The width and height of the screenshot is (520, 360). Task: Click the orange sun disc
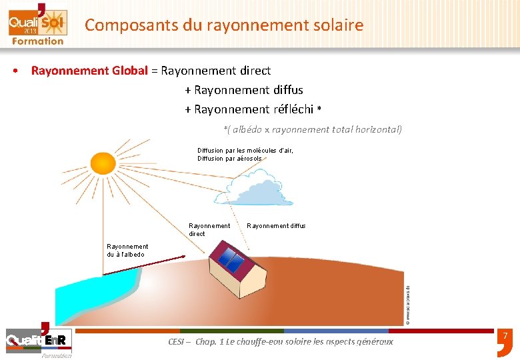click(103, 163)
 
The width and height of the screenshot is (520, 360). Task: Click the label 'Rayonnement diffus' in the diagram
click(276, 226)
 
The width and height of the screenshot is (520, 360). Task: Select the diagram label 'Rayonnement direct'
click(209, 229)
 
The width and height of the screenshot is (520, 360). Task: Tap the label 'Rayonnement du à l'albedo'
click(127, 250)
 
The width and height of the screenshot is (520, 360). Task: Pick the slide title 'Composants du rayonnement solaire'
click(224, 25)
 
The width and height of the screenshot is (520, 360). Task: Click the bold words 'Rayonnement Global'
click(89, 70)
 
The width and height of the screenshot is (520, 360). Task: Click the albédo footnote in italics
click(313, 129)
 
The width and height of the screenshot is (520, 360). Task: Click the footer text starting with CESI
click(281, 341)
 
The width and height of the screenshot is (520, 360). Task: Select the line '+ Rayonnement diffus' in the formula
click(244, 89)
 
